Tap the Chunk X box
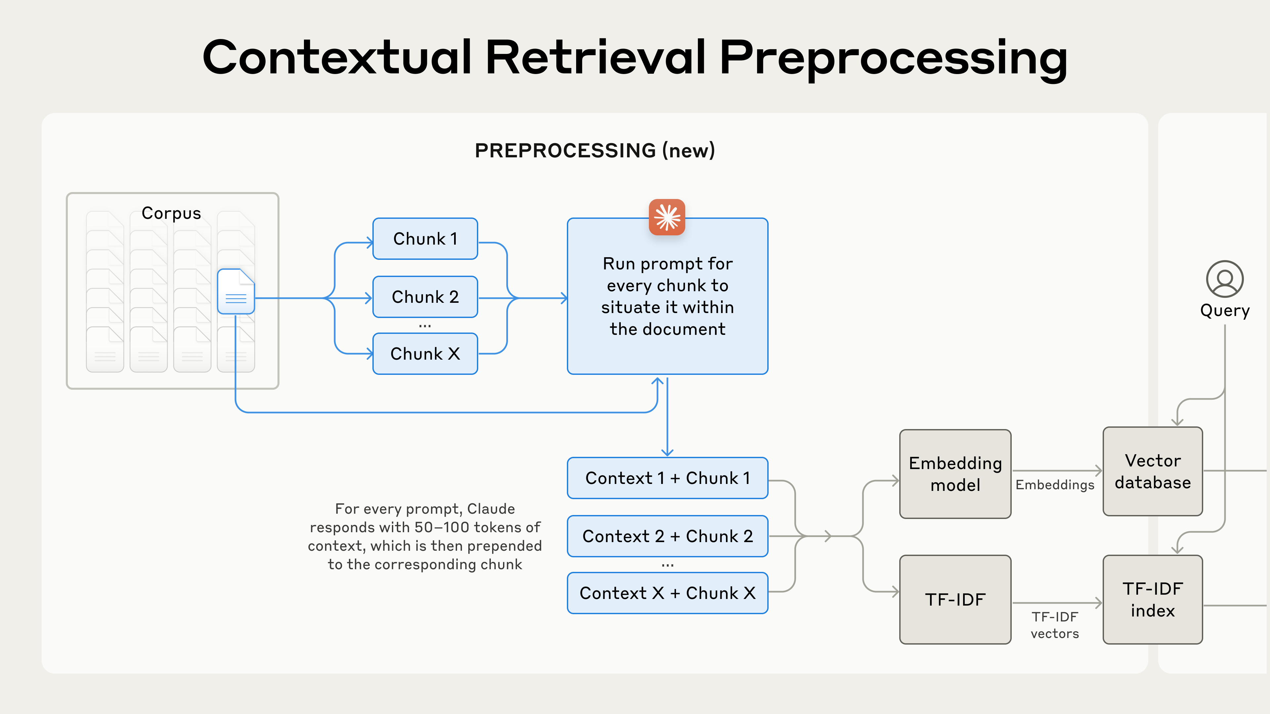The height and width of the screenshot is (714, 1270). [425, 353]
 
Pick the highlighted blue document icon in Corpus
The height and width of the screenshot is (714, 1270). [236, 291]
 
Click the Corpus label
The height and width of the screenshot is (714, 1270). [171, 213]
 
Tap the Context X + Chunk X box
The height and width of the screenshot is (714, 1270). [667, 593]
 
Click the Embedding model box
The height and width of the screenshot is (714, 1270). [955, 474]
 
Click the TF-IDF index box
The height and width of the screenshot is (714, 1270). [1152, 599]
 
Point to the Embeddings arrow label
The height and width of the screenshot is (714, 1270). [1055, 485]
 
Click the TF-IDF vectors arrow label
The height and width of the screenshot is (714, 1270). [1055, 625]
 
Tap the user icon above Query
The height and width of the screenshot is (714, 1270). [1225, 279]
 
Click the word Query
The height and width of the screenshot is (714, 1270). [1225, 310]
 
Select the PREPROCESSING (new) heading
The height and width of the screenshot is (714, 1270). [595, 150]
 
